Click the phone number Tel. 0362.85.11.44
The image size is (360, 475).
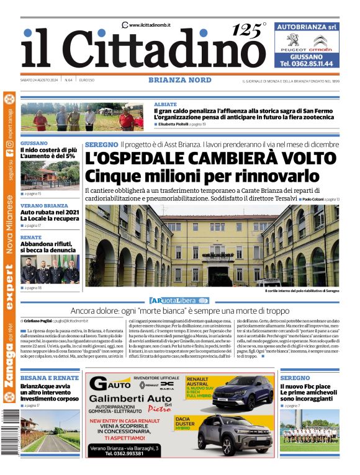pyautogui.click(x=307, y=63)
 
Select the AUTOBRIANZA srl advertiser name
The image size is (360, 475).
pyautogui.click(x=307, y=27)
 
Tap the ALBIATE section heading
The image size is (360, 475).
pyautogui.click(x=165, y=104)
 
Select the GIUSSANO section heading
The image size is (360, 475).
pyautogui.click(x=34, y=143)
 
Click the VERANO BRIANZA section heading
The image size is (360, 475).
pyautogui.click(x=44, y=205)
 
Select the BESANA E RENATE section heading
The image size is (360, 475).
pyautogui.click(x=50, y=378)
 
